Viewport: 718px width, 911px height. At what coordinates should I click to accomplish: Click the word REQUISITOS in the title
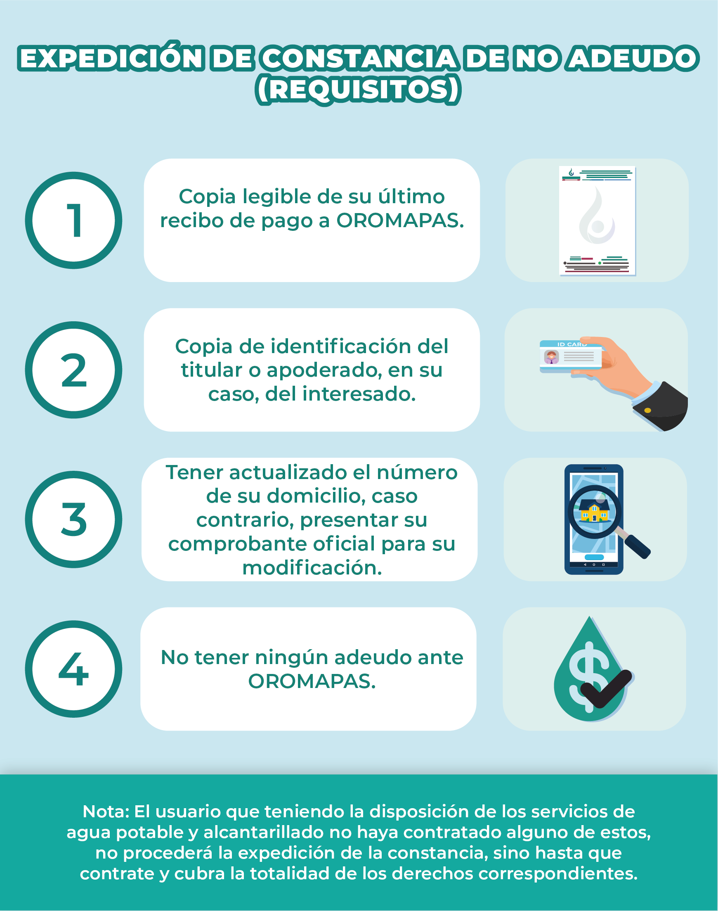(358, 90)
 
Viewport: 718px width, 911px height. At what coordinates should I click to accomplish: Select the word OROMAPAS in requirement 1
(400, 221)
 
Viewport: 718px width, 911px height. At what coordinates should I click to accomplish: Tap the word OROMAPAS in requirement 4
(312, 681)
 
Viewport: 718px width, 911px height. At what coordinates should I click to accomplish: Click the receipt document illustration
(597, 221)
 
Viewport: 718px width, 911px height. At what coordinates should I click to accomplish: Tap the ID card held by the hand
(570, 356)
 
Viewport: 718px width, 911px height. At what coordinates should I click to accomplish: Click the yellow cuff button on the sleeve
(648, 410)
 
